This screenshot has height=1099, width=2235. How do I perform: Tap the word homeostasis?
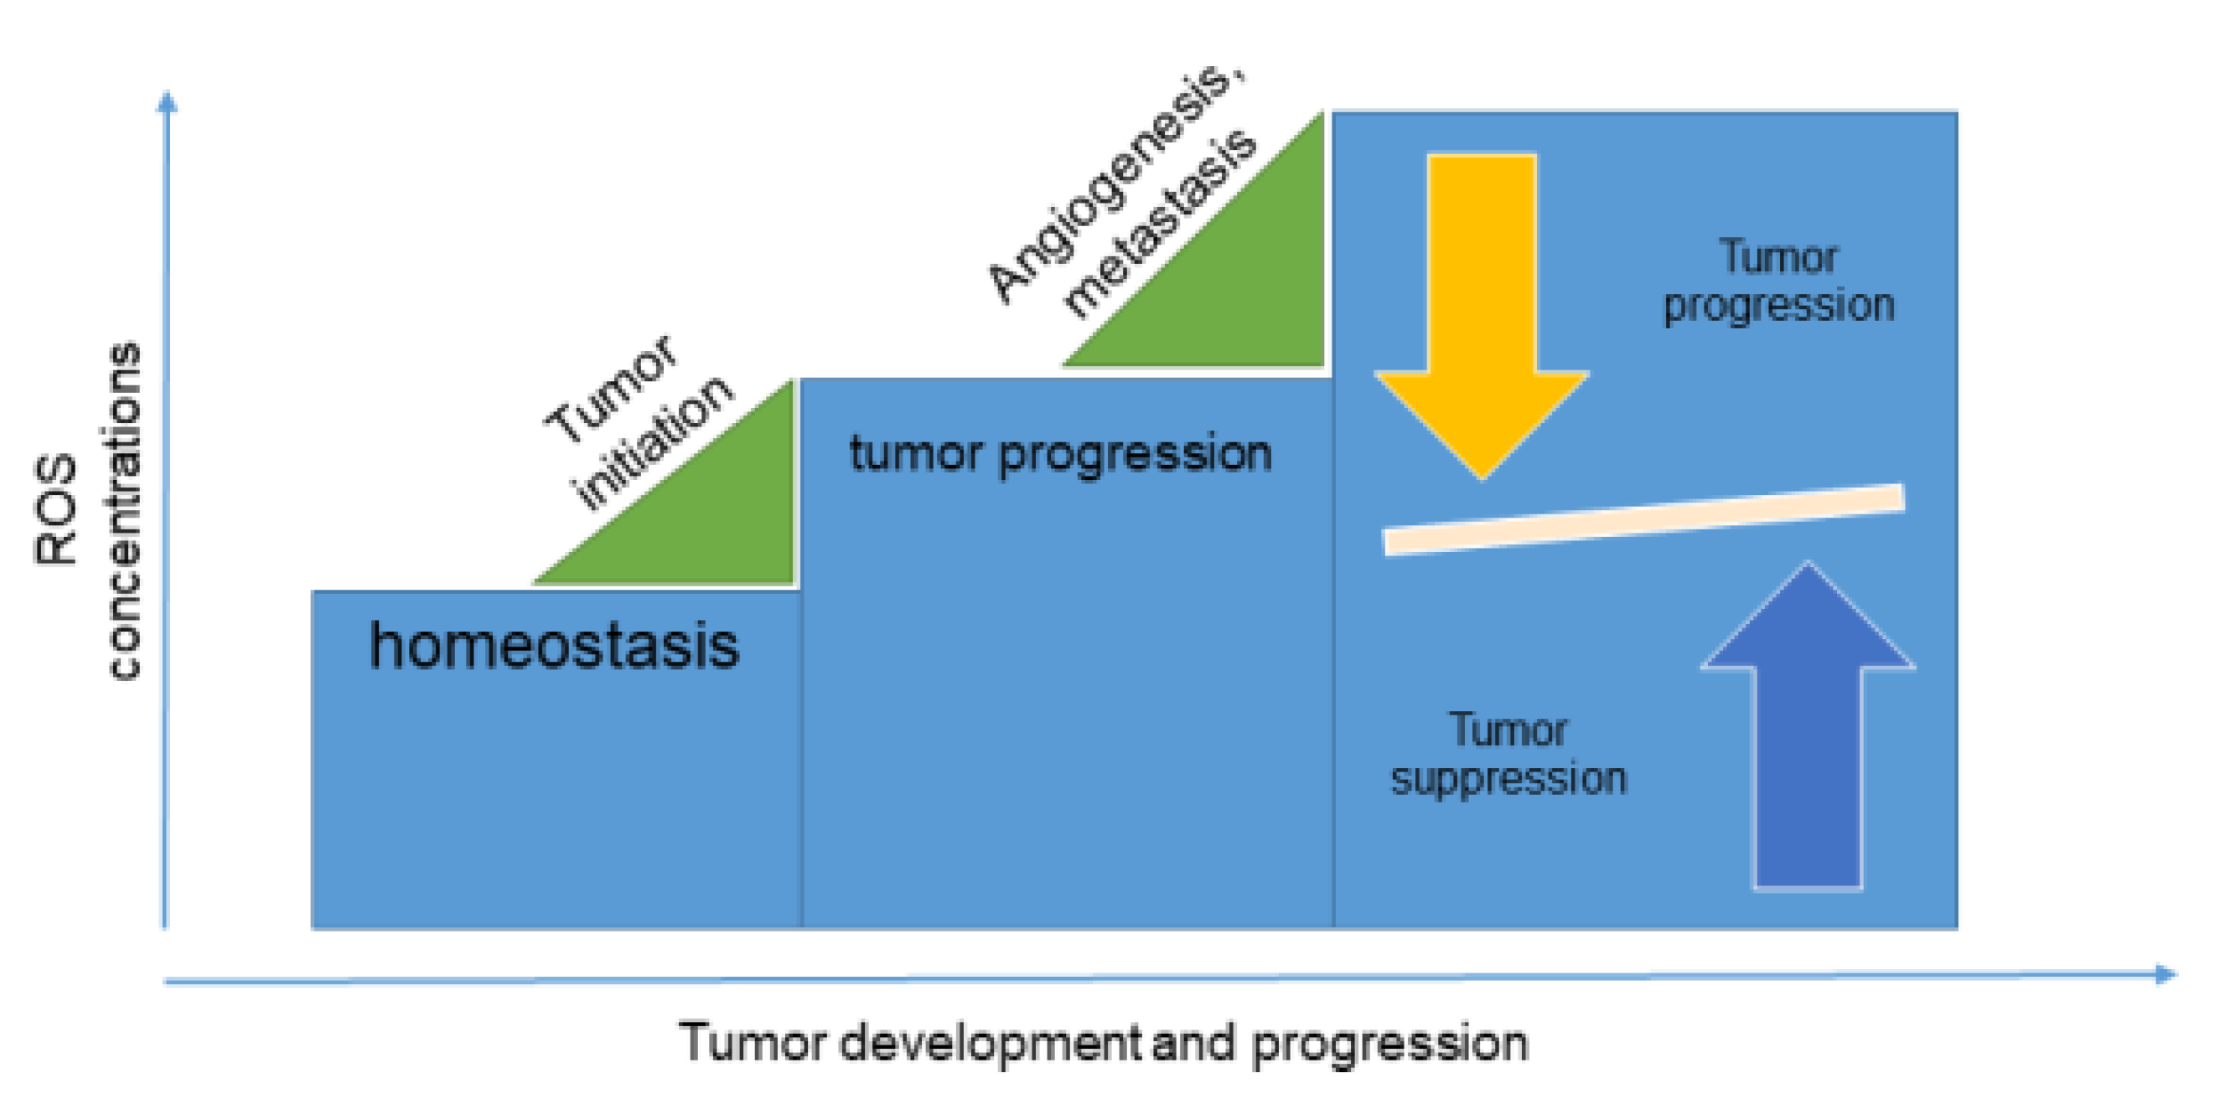point(555,646)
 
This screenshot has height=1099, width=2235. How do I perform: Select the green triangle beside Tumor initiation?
point(711,520)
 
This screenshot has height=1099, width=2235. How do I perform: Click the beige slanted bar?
point(1643,519)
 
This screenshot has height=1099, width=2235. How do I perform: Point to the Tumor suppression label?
point(1508,754)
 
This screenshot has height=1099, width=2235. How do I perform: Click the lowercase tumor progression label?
point(1060,454)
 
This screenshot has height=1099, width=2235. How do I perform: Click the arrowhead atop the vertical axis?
point(167,101)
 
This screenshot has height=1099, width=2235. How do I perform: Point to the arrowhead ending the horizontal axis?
point(2165,974)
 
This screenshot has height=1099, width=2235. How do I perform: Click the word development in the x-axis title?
point(990,1044)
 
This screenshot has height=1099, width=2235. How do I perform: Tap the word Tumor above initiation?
point(611,388)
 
